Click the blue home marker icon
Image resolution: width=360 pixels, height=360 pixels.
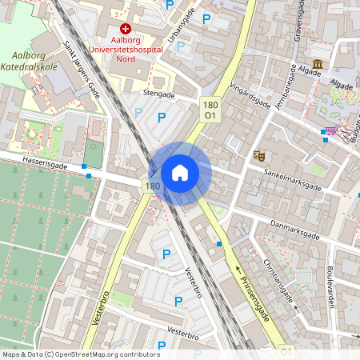[x=180, y=173]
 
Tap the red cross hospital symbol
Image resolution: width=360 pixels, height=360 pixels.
[x=126, y=28]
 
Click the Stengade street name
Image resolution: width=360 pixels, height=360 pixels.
[x=158, y=94]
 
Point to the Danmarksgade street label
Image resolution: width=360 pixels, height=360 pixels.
[x=294, y=231]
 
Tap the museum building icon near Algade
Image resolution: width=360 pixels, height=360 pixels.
[x=318, y=63]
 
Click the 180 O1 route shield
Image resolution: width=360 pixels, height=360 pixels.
[x=210, y=110]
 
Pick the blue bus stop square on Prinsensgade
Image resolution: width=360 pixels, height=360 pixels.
[x=220, y=243]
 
